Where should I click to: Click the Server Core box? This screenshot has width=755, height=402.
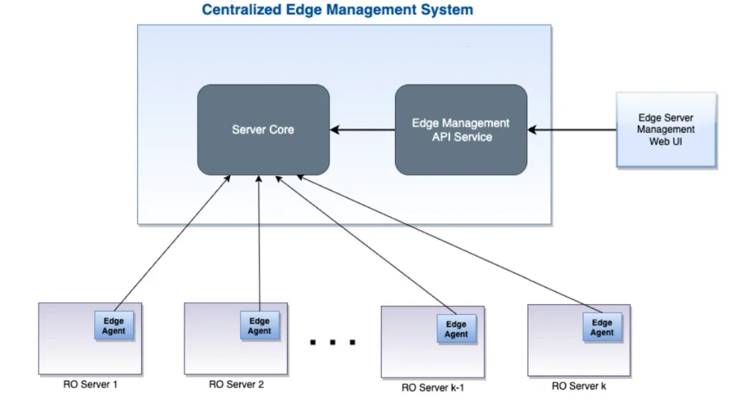point(263,130)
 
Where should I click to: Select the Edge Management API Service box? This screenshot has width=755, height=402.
point(461,130)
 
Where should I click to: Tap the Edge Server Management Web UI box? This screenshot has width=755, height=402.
point(666,130)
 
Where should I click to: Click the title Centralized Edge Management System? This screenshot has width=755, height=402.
point(337,11)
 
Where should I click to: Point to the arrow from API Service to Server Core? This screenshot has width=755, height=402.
point(362,130)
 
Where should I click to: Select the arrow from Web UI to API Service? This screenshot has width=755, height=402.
point(572,130)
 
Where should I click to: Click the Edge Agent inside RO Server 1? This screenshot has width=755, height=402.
point(114,326)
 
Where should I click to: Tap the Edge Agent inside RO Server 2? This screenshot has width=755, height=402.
point(259,326)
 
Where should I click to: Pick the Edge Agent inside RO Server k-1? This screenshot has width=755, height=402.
point(456,329)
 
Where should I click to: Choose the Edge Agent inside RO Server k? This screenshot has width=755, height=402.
point(602,327)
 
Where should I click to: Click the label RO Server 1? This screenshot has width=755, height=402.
point(90,385)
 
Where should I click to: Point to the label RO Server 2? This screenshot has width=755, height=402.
point(237,385)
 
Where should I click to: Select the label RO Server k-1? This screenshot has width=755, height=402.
point(433,388)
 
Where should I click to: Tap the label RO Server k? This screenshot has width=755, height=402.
point(579,386)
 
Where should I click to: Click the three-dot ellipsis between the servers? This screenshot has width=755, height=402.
point(332,343)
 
